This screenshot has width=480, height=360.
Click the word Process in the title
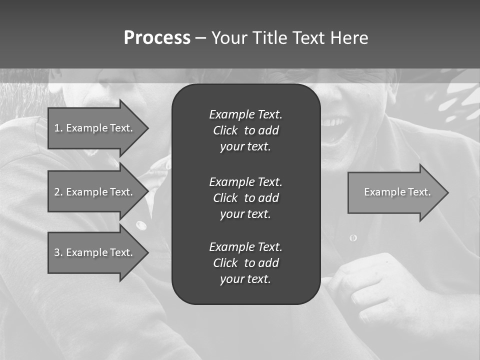point(157,38)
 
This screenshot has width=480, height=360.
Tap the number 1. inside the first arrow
point(58,128)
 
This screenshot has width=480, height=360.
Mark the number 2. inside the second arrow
point(58,192)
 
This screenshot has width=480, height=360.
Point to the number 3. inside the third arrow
point(58,252)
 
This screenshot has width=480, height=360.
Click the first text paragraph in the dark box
point(245,130)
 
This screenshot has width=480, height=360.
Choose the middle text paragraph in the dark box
point(245,197)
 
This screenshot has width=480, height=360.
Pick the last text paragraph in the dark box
point(245,263)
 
